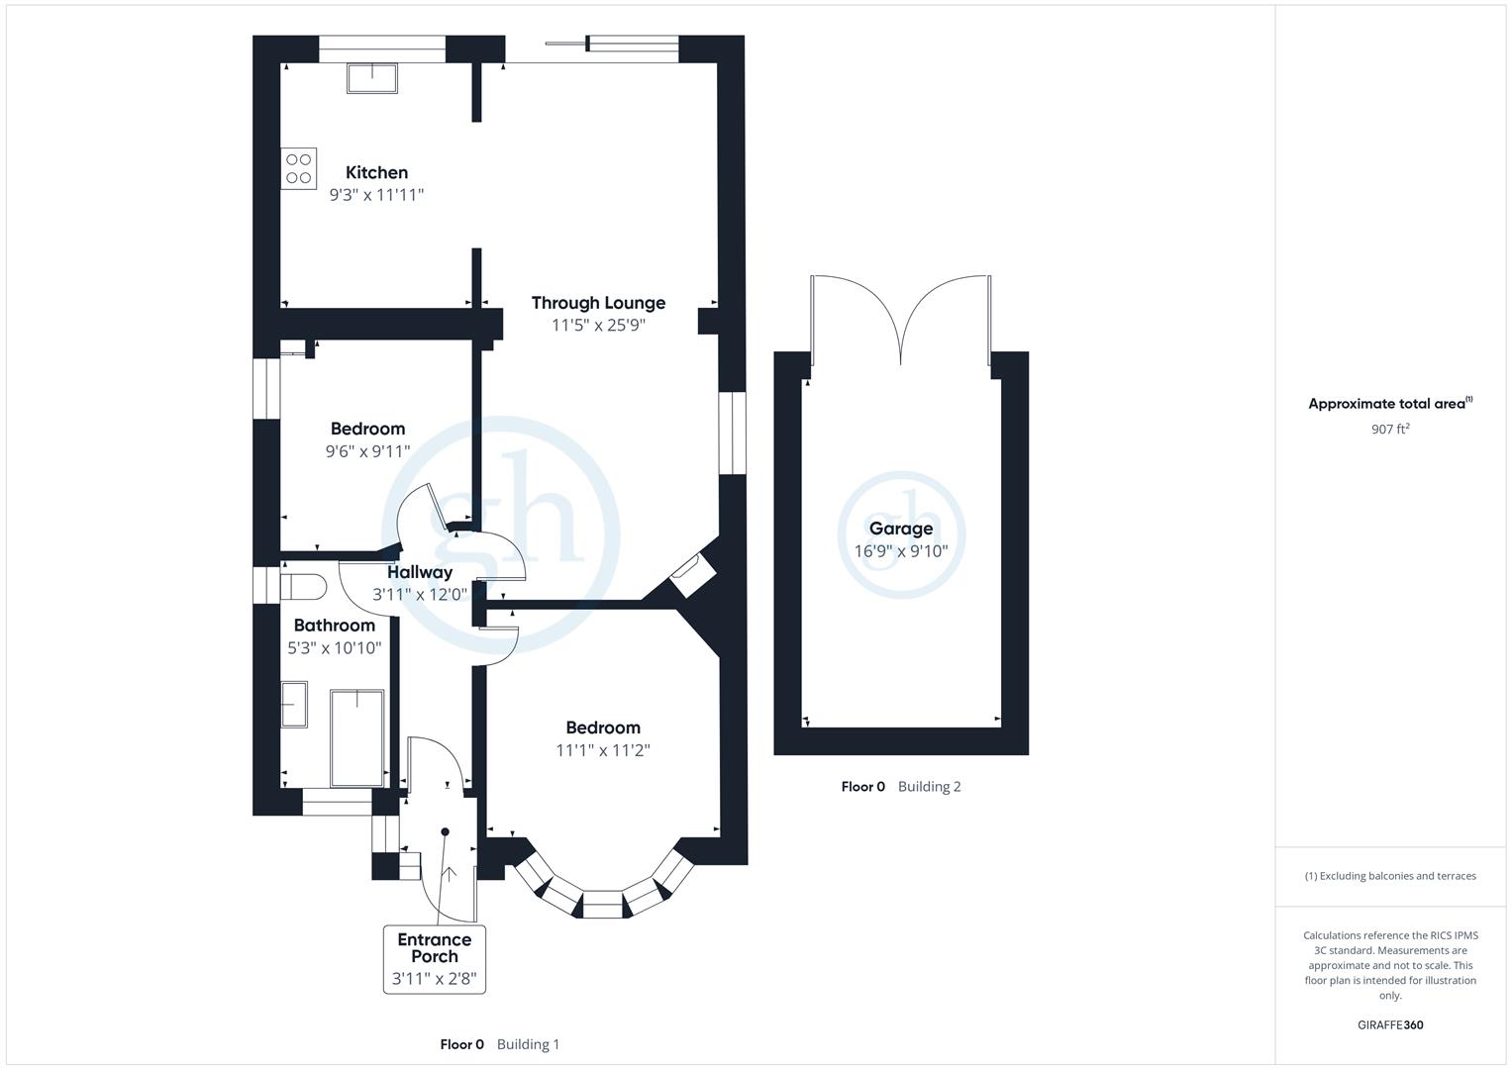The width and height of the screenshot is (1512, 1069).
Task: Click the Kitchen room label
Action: point(376,172)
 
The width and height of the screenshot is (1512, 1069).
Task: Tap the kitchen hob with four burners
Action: point(299,168)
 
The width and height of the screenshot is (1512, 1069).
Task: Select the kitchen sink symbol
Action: point(372,77)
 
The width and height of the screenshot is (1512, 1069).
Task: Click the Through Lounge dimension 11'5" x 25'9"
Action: point(598,325)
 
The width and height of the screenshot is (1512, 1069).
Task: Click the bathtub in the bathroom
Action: point(356,737)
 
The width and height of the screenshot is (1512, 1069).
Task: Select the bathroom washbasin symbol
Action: point(294,704)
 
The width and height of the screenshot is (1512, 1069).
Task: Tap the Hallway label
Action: point(419,572)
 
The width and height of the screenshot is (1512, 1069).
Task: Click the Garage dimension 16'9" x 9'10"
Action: point(901,551)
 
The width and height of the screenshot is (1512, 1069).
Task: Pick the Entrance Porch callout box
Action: point(435,958)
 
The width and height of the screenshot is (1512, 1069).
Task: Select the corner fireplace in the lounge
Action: point(691,573)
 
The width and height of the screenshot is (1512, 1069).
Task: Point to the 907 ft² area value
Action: point(1390,429)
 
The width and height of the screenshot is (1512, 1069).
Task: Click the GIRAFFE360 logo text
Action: point(1390,1024)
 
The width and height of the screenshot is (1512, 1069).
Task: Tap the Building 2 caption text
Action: point(929,787)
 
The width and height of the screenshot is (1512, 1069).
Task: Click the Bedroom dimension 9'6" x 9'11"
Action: point(367,451)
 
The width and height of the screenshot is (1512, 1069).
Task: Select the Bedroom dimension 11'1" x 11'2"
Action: point(602,750)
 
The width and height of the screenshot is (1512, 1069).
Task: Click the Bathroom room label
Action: point(334,626)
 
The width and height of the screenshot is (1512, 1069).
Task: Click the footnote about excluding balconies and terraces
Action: point(1390,876)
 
